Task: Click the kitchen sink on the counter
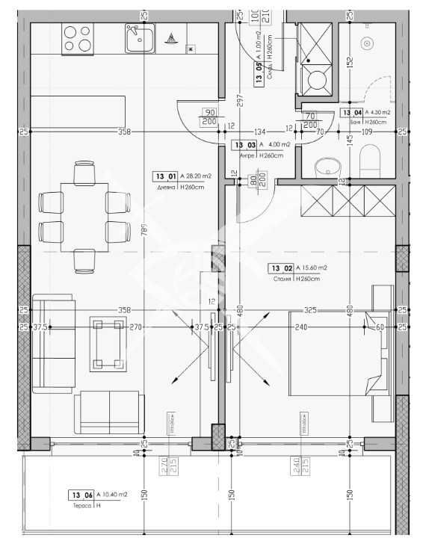[140, 38]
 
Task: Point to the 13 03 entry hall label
[245, 146]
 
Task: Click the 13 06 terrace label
[80, 495]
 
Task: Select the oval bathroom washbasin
[326, 165]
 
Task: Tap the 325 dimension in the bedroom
[310, 309]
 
